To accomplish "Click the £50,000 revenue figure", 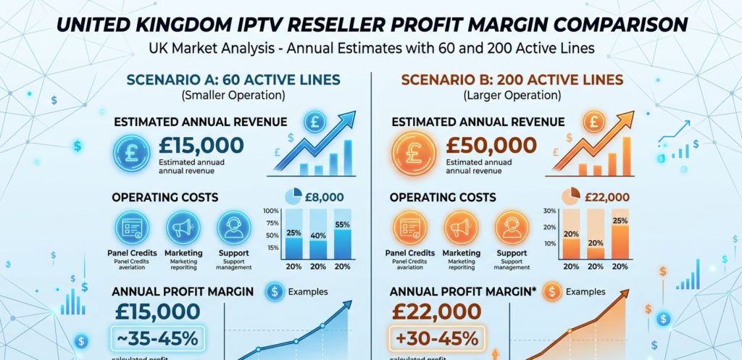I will click(491, 145).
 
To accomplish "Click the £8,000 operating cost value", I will click(324, 197).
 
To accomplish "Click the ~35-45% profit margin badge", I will click(158, 339).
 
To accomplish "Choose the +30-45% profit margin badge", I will click(436, 339).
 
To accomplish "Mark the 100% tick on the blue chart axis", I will click(271, 211).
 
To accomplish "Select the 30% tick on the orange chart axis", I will click(549, 211).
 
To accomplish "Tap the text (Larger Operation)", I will click(500, 96).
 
